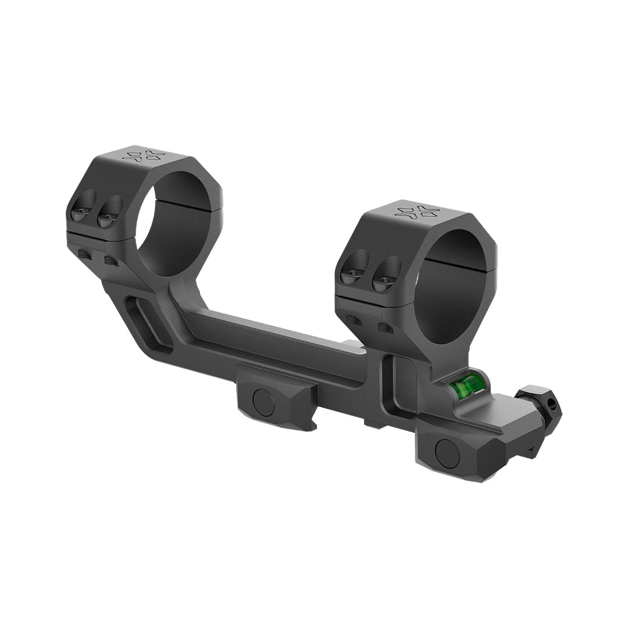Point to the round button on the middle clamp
click(264, 402)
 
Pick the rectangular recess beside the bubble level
click(401, 384)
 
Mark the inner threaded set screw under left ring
click(111, 261)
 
